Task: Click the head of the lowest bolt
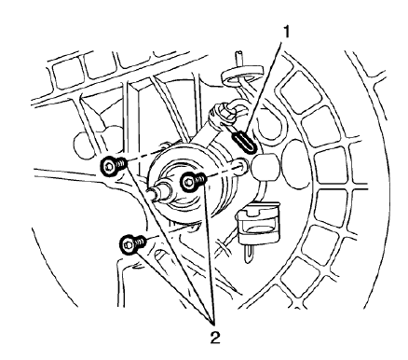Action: pyautogui.click(x=127, y=244)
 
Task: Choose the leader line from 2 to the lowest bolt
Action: pyautogui.click(x=172, y=280)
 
